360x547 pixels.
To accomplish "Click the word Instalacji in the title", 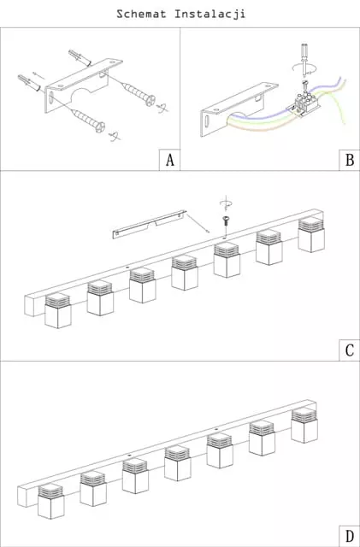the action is [x=210, y=15].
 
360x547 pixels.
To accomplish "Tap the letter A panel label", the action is [x=170, y=160].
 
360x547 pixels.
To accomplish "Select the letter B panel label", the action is [x=350, y=160].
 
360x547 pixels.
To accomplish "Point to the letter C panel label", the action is [x=350, y=350].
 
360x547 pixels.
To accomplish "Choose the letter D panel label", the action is [x=350, y=536].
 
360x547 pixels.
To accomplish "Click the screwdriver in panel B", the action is [x=304, y=60].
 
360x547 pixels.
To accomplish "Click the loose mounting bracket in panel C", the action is [x=149, y=224].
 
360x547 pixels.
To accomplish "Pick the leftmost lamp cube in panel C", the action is [x=58, y=310].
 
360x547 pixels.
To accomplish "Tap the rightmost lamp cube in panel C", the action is [x=311, y=234].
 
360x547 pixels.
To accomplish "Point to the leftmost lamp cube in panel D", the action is [x=51, y=501].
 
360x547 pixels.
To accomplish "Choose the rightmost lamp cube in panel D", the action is [x=304, y=425].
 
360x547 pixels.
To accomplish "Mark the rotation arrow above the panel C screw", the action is [x=226, y=203].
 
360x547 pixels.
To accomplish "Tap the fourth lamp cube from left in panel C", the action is [x=185, y=273].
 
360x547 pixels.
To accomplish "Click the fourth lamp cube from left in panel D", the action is [x=177, y=463].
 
